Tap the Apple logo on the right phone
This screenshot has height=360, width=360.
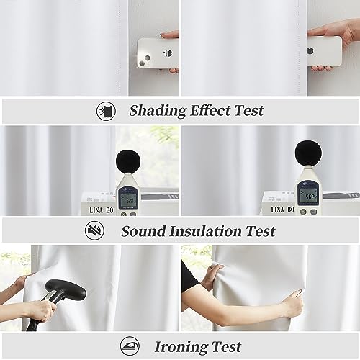[x=327, y=52]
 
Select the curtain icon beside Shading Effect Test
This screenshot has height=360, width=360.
[x=106, y=111]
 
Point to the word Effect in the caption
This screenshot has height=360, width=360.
[x=212, y=110]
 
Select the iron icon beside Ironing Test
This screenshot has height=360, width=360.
[x=130, y=346]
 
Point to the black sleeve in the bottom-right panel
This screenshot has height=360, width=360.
[x=189, y=277]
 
